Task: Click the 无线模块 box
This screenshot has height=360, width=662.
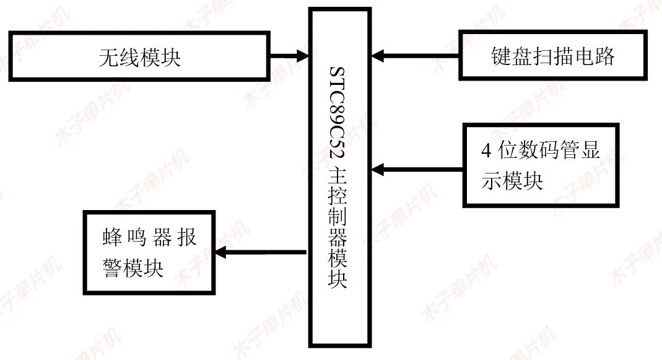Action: (140, 57)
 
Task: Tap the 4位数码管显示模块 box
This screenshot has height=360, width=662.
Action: (541, 165)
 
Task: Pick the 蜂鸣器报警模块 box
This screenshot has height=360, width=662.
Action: (149, 252)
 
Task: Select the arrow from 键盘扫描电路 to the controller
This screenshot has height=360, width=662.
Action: (415, 56)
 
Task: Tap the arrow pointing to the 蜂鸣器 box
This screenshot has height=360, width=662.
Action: (260, 252)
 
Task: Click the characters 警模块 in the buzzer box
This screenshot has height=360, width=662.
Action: (133, 268)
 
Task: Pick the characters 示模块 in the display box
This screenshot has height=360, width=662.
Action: (512, 181)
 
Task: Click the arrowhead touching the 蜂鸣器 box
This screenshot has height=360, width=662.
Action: (220, 252)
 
